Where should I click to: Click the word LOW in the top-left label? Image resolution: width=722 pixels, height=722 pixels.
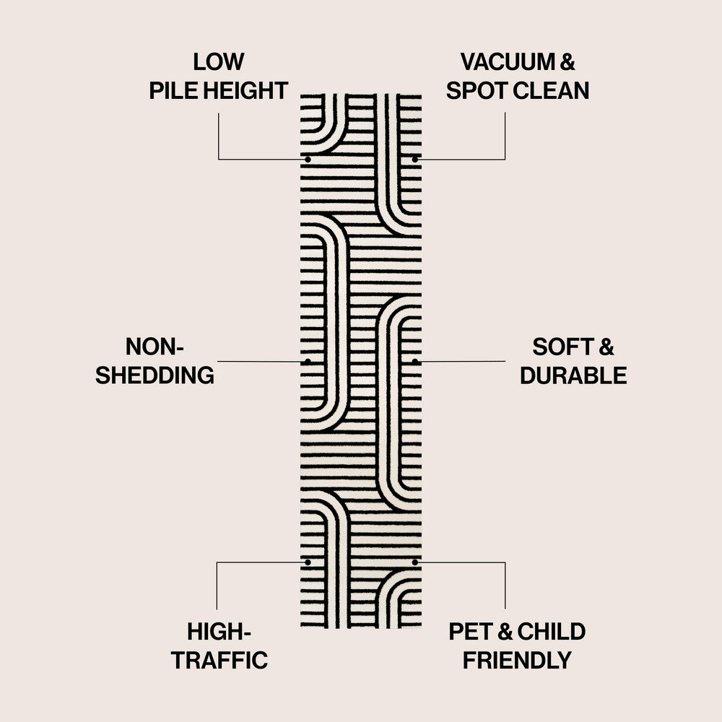coord(219,62)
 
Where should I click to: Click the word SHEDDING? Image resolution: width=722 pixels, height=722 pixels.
coord(155,375)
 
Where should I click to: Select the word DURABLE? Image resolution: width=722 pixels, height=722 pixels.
coord(573,375)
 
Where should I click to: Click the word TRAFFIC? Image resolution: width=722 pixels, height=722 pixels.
coord(219,660)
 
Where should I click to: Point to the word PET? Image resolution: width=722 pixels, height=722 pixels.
coord(471,632)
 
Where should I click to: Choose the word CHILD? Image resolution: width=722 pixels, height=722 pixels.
coord(552,632)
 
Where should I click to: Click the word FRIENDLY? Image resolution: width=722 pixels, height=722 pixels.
coord(517,660)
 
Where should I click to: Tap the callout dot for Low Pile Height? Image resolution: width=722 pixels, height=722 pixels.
coord(308,159)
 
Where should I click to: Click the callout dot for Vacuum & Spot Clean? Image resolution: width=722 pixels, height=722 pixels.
coord(414,159)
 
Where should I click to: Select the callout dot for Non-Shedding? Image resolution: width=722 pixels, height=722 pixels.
coord(308,361)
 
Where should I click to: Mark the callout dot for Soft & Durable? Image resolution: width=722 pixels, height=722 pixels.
coord(414,361)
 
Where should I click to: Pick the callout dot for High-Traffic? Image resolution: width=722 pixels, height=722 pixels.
coord(308,562)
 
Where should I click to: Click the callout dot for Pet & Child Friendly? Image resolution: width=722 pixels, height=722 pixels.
coord(414,562)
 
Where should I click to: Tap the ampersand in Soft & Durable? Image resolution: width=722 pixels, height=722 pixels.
coord(606,347)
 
